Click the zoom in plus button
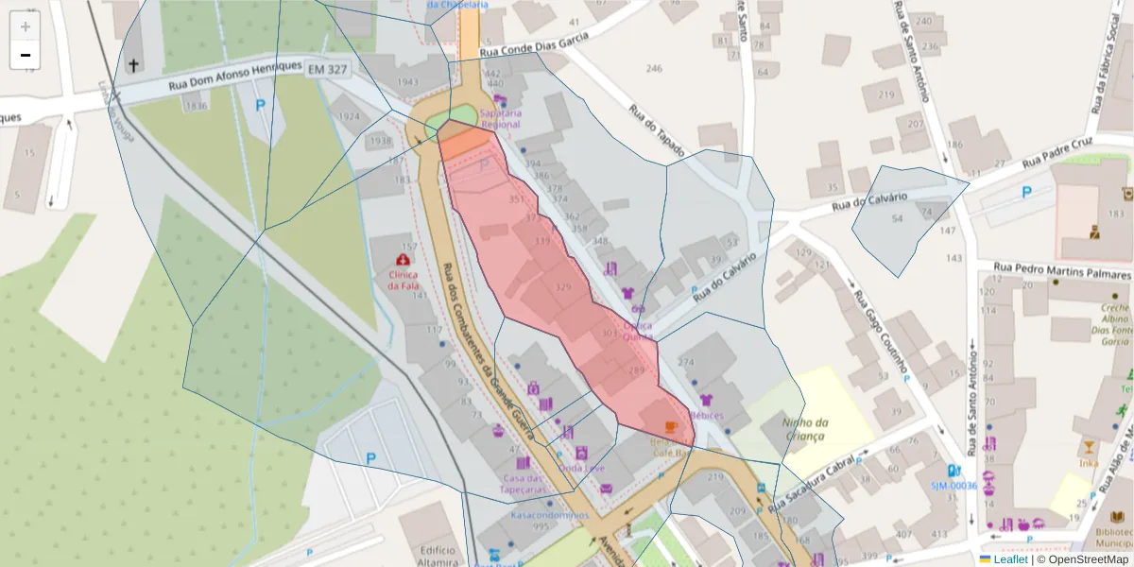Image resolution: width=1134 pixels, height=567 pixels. click(x=26, y=26)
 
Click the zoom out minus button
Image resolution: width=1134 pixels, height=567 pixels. click(x=26, y=55)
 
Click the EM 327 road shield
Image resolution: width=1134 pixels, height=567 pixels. click(x=328, y=70)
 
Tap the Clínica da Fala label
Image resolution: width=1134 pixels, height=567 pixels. click(x=404, y=280)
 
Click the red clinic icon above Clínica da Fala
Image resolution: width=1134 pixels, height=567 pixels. click(x=404, y=258)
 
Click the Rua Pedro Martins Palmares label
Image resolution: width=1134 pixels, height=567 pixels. click(x=1048, y=271)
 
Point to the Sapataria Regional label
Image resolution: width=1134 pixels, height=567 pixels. click(x=501, y=117)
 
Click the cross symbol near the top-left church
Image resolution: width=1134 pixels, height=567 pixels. click(x=133, y=65)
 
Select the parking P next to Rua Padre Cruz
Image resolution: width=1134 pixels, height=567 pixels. click(x=1027, y=193)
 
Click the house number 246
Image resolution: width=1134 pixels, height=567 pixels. click(x=654, y=68)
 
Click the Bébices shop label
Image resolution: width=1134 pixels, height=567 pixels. click(x=706, y=415)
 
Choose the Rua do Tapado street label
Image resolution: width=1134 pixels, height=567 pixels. click(x=644, y=131)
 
